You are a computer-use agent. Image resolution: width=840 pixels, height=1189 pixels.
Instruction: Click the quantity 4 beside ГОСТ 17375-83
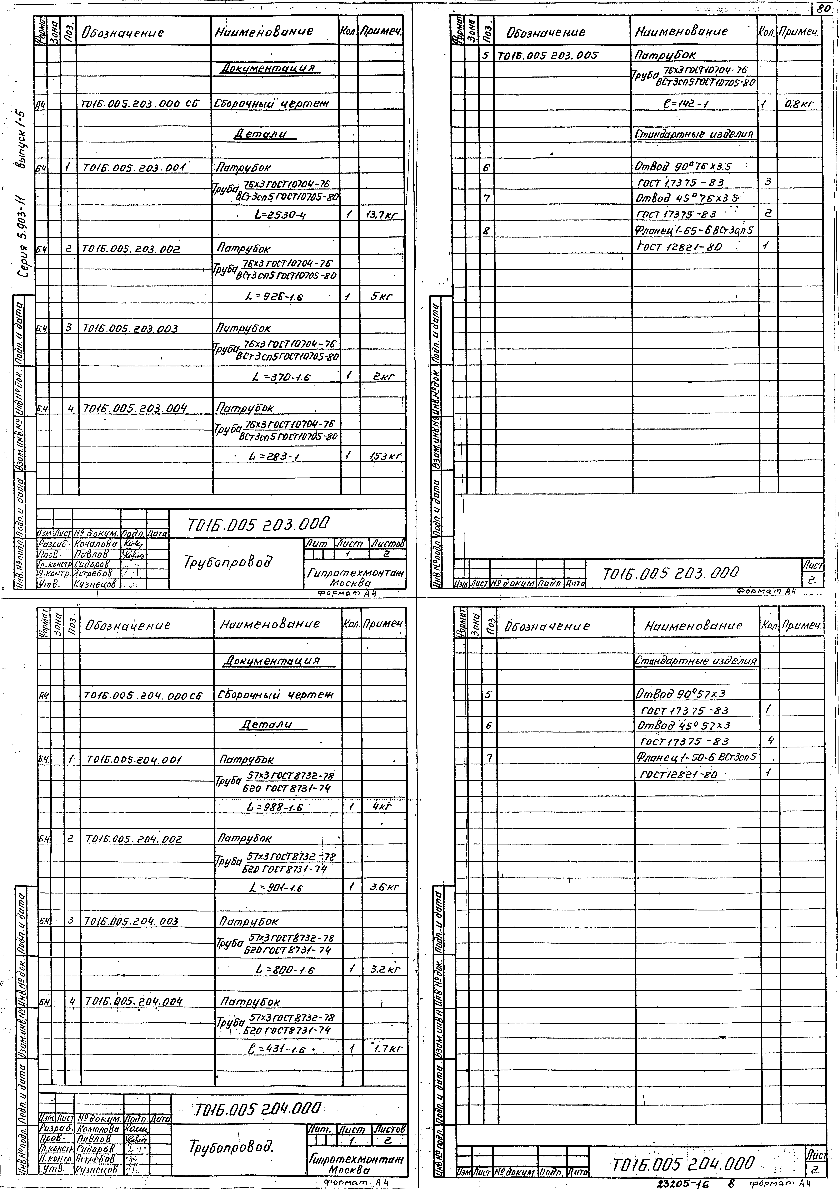click(x=770, y=740)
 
